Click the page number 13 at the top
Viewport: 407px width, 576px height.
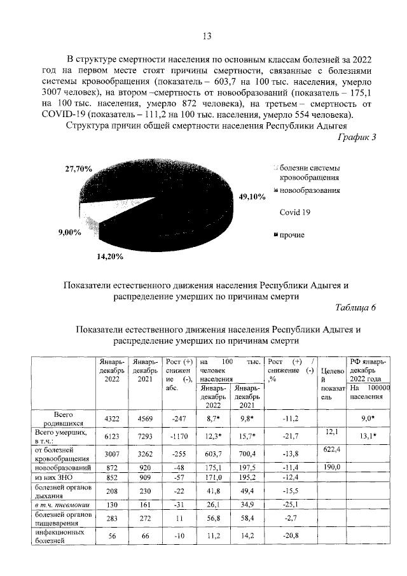point(206,36)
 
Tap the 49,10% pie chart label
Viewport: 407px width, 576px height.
point(251,197)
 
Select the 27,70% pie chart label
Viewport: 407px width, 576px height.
point(79,169)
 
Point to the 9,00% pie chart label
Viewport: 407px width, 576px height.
point(69,232)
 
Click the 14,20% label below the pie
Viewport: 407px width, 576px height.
point(109,258)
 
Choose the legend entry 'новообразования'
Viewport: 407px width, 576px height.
point(308,190)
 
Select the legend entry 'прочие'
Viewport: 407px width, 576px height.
point(291,235)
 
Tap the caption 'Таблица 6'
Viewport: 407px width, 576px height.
point(355,309)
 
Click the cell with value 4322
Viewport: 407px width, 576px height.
point(112,418)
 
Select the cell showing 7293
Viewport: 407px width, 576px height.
point(144,437)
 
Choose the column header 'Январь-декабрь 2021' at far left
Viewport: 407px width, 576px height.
point(144,370)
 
